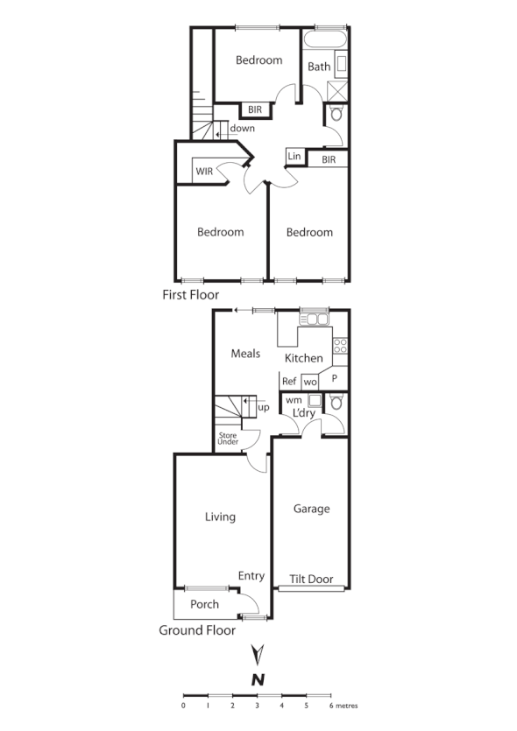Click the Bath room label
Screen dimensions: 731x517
click(x=318, y=66)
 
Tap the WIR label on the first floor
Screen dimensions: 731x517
click(x=205, y=171)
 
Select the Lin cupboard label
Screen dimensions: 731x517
click(x=294, y=156)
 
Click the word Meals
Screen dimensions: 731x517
click(x=246, y=354)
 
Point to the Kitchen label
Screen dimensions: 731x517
click(x=304, y=358)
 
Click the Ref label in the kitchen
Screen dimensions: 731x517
click(x=289, y=381)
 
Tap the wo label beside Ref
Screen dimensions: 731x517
click(x=309, y=382)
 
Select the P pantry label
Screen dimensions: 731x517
click(x=334, y=378)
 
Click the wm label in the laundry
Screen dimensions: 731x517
click(x=294, y=400)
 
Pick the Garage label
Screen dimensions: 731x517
click(x=311, y=509)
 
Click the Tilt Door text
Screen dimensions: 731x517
click(x=312, y=579)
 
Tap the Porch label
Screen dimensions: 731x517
click(x=204, y=604)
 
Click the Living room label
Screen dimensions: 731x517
click(x=220, y=517)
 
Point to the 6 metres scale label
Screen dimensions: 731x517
click(x=342, y=705)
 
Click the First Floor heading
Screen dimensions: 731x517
click(x=190, y=295)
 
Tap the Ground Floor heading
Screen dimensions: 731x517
click(x=197, y=629)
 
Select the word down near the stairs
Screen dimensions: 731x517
click(x=243, y=128)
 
